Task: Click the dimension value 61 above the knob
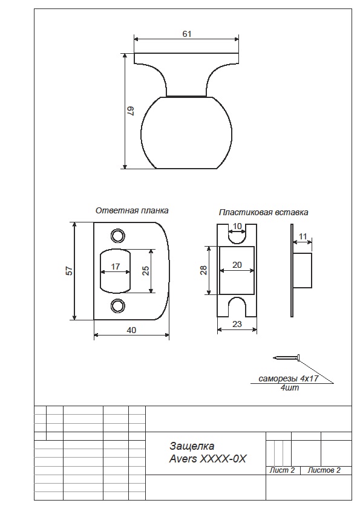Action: point(187,34)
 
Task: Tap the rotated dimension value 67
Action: point(130,111)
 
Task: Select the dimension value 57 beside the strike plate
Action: point(69,271)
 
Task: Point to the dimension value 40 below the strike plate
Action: point(131,330)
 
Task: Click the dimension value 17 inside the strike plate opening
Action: point(116,267)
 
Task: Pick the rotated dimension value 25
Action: point(146,271)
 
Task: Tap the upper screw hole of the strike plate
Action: point(118,236)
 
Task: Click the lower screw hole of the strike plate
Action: point(118,305)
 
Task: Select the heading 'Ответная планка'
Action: point(132,211)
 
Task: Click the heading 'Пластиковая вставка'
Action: point(264,212)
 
